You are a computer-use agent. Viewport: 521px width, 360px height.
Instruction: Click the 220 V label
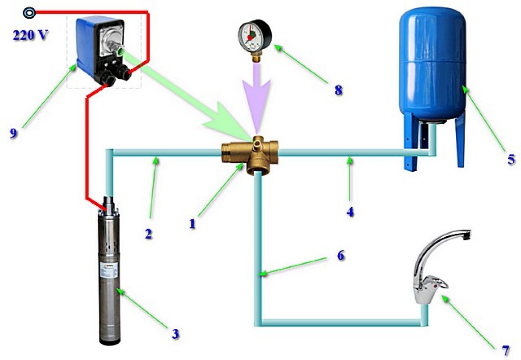point(29,37)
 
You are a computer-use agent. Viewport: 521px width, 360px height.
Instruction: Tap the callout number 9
point(14,133)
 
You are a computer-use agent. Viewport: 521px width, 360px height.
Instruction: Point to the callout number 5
point(510,159)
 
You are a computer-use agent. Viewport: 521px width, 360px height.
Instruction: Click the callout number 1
point(192,223)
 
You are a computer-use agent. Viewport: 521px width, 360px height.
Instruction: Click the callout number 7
point(505,351)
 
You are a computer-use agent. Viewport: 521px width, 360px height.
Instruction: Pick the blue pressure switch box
point(101,48)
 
